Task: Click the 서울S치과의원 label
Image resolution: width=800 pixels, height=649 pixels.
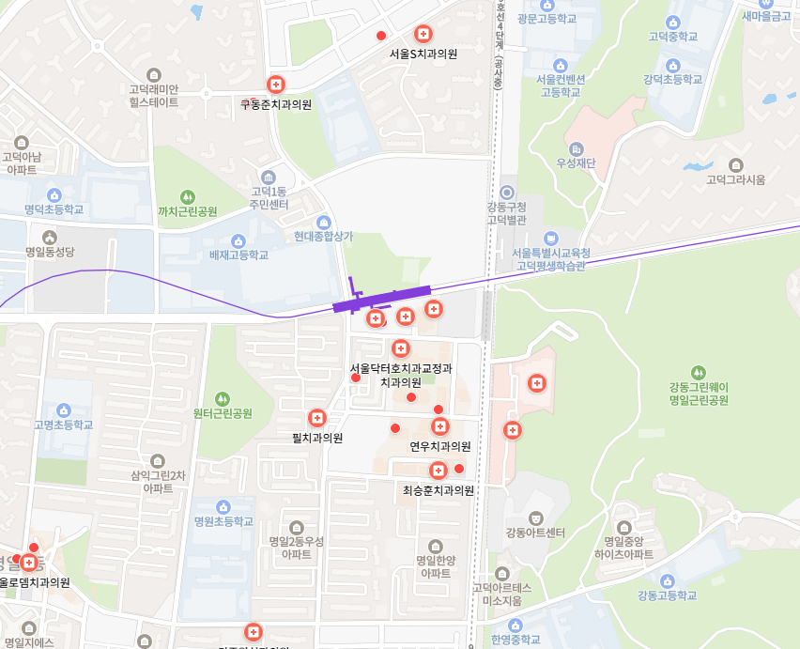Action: point(423,54)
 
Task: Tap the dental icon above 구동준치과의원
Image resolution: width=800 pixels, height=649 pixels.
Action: point(275,85)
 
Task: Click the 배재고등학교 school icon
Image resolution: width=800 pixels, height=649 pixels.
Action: point(238,240)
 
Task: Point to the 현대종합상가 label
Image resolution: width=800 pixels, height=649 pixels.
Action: point(323,237)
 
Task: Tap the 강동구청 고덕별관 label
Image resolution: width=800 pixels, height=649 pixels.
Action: point(507,213)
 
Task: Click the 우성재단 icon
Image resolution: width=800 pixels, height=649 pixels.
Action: point(576,149)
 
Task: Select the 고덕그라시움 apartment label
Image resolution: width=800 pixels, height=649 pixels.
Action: point(736,179)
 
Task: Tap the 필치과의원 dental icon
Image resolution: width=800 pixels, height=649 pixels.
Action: point(317,418)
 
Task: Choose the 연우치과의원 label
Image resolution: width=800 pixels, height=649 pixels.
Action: point(439,446)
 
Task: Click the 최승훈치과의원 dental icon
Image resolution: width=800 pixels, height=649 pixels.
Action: point(438,471)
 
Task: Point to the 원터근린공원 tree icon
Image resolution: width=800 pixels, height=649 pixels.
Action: point(223,398)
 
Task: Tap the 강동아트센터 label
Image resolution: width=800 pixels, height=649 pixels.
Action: point(535,533)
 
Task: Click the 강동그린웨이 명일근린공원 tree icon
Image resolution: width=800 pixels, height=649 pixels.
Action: point(698,372)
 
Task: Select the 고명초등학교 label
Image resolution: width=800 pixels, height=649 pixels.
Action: point(64,425)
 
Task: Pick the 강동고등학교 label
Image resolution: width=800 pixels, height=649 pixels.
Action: point(667,595)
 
